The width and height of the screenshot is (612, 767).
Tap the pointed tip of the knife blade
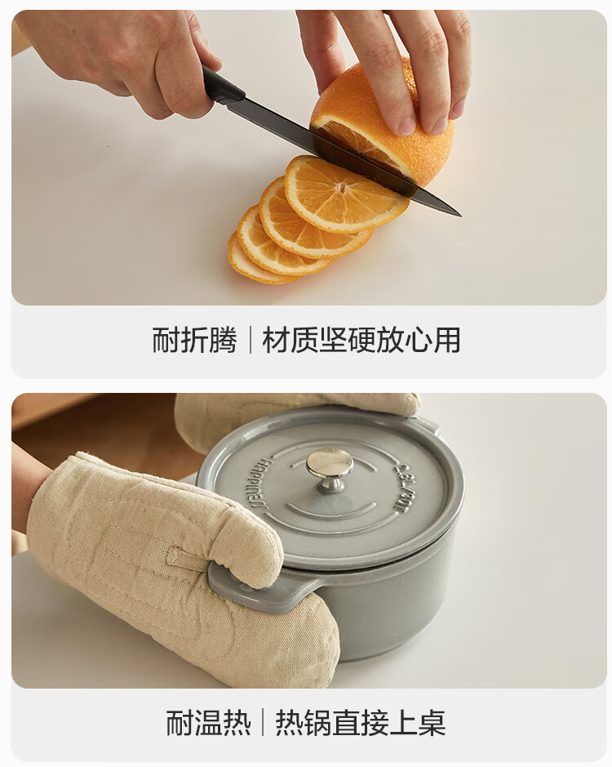[460, 215]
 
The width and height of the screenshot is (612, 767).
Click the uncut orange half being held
[384, 123]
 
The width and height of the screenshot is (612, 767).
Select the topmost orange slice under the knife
[344, 194]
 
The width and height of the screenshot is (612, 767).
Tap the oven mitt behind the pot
[293, 415]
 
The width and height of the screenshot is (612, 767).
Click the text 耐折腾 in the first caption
[194, 340]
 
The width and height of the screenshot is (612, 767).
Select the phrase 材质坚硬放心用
[361, 340]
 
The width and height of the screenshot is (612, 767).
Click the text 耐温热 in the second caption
[209, 723]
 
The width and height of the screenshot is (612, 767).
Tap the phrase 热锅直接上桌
[361, 723]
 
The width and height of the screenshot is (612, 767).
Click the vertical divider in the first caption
[251, 340]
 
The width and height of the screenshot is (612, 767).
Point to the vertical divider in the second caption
[264, 723]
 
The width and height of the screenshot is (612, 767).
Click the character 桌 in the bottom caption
[432, 723]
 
